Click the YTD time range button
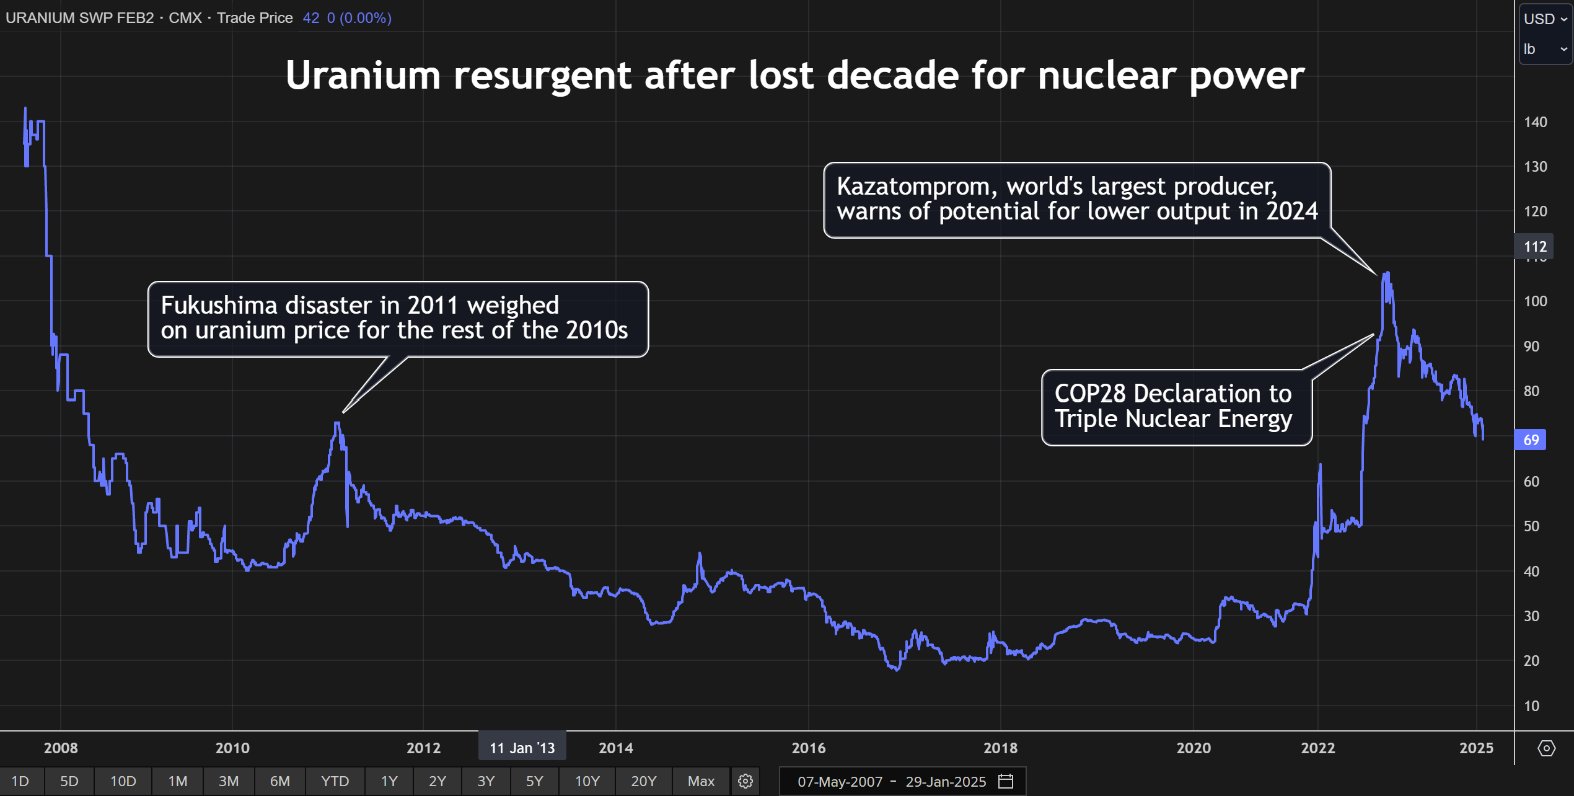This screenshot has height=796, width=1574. pos(335,781)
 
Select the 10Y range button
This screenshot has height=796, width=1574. pos(587,781)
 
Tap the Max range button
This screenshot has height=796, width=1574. pos(701,781)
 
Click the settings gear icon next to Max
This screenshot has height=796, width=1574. pos(745,781)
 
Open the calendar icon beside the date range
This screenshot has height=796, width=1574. pos(1006,781)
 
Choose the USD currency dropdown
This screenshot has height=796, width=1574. pos(1545,19)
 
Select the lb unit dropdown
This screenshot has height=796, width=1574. pos(1545,49)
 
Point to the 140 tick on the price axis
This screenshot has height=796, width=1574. pos(1535,122)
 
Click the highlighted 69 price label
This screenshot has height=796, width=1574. pos(1531,440)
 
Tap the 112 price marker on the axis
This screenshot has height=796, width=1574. pos(1535,247)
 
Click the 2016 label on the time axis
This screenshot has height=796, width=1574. pos(808,748)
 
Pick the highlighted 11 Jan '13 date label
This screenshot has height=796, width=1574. pos(522,748)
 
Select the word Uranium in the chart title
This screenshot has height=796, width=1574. pos(363,76)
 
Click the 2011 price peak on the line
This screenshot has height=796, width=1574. pos(336,423)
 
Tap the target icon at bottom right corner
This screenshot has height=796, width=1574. pos(1546,748)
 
